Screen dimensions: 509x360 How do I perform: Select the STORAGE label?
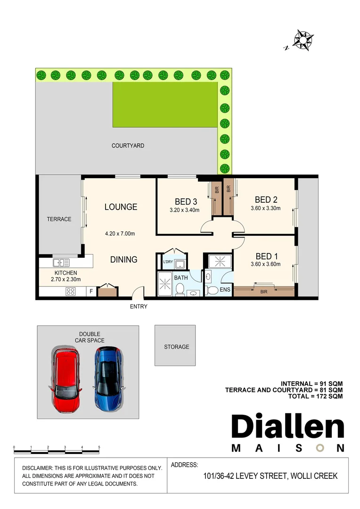176,347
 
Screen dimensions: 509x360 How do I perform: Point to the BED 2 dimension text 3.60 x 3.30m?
265,208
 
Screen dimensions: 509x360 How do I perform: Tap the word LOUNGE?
121,207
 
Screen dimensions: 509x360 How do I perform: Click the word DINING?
123,259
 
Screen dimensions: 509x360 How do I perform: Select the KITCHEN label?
65,273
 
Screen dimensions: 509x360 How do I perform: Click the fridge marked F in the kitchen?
91,292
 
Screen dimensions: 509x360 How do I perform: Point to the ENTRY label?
139,306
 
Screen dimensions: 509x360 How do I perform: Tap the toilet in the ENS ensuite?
213,290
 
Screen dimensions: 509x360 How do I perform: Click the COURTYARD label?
128,146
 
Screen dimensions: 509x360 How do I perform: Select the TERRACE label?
59,219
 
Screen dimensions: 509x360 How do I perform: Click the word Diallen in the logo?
287,427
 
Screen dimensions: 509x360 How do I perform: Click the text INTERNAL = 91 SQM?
311,383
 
